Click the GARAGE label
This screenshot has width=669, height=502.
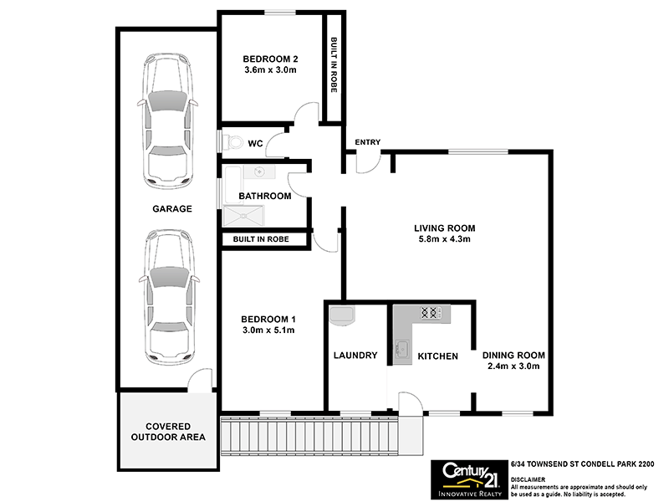click(x=171, y=209)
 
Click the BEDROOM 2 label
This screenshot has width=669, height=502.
click(x=271, y=59)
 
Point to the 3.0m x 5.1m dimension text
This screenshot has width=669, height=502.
click(x=268, y=330)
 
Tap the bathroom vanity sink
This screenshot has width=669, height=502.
click(x=260, y=173)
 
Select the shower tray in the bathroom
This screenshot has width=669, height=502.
click(x=243, y=217)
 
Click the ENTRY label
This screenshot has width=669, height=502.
click(x=367, y=142)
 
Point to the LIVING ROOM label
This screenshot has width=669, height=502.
click(x=445, y=228)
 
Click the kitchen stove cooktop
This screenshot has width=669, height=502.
click(x=431, y=314)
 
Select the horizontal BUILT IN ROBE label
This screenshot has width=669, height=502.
click(x=261, y=239)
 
